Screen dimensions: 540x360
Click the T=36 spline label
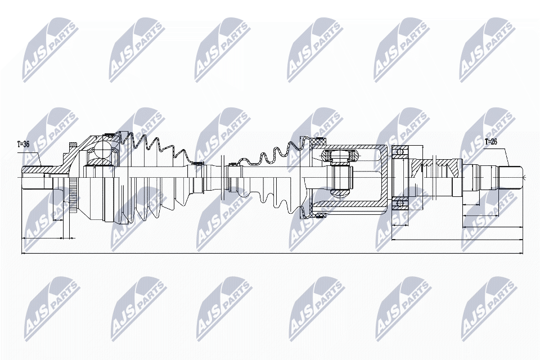23,144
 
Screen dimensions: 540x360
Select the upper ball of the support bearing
399,152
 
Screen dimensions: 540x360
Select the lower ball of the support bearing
399,203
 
